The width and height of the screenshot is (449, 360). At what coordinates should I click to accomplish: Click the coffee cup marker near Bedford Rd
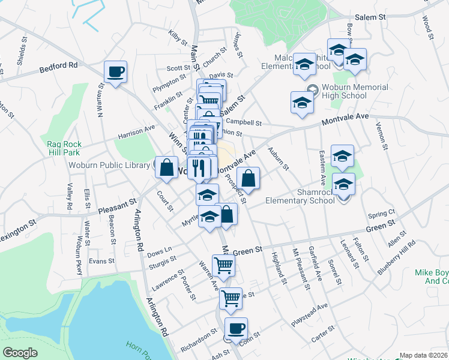tap(115, 72)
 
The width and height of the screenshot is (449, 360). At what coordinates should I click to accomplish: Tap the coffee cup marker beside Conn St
tap(236, 329)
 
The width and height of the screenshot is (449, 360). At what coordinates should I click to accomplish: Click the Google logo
tap(20, 353)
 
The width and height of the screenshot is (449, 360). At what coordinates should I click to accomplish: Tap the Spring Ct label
tap(382, 214)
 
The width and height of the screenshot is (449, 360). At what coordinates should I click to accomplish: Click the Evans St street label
tap(101, 261)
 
